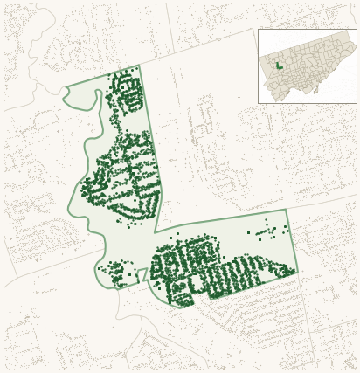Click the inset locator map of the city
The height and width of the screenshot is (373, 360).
[x=307, y=66]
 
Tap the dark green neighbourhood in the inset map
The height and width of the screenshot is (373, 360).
[x=279, y=66]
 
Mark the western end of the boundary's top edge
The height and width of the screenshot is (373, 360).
[x=66, y=88]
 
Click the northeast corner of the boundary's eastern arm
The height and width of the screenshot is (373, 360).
[x=286, y=210]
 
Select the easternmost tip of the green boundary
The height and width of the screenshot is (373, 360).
[x=297, y=271]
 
